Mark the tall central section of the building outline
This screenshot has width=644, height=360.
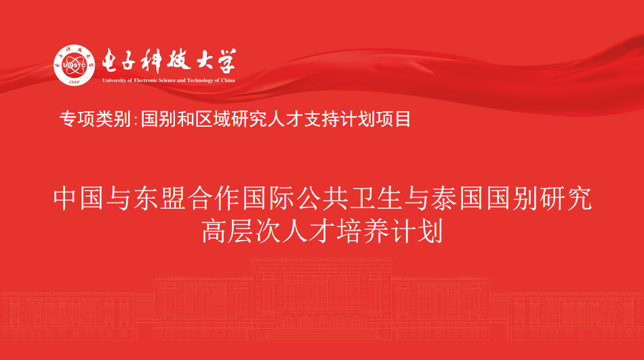pos(321,298)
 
